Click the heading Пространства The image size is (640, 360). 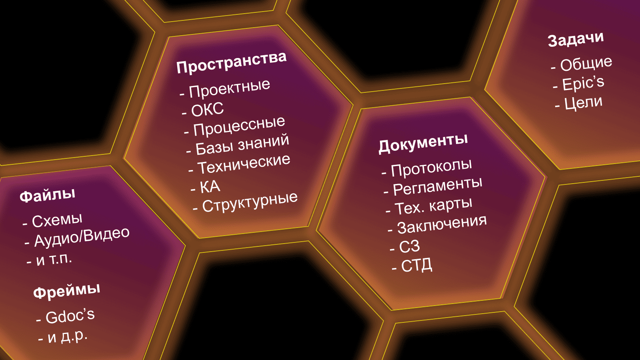click(232, 62)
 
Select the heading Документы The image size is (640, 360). click(424, 143)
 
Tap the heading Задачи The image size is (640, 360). click(576, 39)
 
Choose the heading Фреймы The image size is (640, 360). click(67, 290)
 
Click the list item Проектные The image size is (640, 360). click(230, 88)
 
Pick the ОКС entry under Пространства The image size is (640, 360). click(208, 109)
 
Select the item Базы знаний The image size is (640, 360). click(242, 144)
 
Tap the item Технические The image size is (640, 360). click(244, 164)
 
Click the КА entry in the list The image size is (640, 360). click(210, 186)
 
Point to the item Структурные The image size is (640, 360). click(250, 202)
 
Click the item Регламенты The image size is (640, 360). click(438, 187)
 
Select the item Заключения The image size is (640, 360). click(442, 225)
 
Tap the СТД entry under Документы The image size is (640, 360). click(416, 266)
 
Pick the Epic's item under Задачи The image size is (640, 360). click(584, 84)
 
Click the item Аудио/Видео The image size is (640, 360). click(82, 237)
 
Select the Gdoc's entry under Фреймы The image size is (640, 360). click(70, 316)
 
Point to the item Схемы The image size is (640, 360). click(57, 220)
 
